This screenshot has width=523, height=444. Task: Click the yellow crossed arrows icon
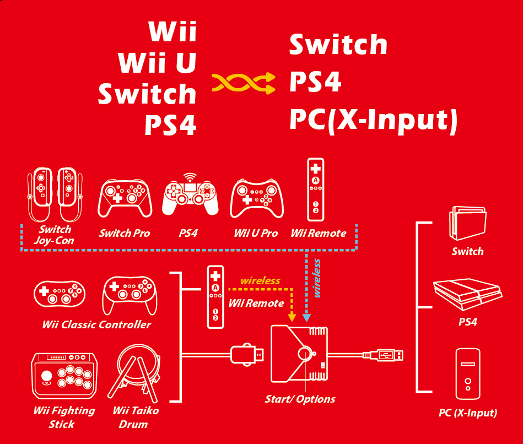click(x=243, y=83)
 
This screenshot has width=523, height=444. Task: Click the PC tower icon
click(x=468, y=374)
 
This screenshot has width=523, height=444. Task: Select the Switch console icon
click(x=468, y=223)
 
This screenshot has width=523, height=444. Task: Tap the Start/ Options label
click(x=300, y=399)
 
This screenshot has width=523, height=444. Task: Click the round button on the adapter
click(x=305, y=354)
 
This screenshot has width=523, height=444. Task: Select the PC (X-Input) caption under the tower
click(x=468, y=413)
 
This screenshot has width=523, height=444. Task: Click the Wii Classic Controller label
click(x=96, y=324)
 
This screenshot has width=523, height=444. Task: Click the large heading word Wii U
click(x=158, y=62)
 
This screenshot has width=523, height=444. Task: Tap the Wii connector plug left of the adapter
click(x=247, y=354)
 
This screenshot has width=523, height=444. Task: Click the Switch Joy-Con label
click(x=54, y=235)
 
